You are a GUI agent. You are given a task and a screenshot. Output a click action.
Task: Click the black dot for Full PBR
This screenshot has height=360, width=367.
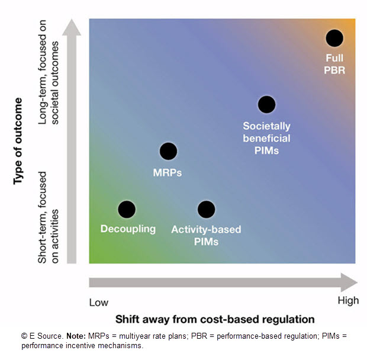pyautogui.click(x=334, y=38)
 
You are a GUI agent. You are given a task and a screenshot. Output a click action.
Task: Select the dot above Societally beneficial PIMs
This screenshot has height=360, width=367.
pyautogui.click(x=267, y=104)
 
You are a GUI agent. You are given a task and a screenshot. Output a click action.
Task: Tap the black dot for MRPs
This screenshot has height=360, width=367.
pyautogui.click(x=169, y=151)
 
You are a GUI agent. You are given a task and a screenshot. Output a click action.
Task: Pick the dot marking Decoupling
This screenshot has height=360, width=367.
pyautogui.click(x=127, y=209)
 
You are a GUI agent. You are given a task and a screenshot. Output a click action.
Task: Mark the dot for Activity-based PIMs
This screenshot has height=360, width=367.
pyautogui.click(x=206, y=209)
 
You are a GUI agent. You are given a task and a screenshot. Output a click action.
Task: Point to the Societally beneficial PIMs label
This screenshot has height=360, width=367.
pyautogui.click(x=267, y=138)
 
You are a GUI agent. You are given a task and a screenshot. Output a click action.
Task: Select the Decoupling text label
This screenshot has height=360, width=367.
pyautogui.click(x=128, y=229)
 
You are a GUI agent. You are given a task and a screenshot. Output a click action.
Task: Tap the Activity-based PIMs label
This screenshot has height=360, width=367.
pyautogui.click(x=206, y=235)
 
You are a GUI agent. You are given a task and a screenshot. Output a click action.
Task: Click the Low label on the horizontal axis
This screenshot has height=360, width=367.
pyautogui.click(x=99, y=302)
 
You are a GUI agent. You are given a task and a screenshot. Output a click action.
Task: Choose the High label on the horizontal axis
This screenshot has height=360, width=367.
pyautogui.click(x=348, y=301)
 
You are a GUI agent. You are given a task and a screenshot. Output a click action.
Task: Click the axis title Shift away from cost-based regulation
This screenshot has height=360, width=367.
pyautogui.click(x=215, y=319)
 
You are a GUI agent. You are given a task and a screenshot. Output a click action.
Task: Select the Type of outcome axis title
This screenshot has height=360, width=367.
pyautogui.click(x=18, y=142)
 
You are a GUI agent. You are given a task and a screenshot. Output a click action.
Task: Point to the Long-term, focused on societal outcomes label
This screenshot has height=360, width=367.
pyautogui.click(x=49, y=83)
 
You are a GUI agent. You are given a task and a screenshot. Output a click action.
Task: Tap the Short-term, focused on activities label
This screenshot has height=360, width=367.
pyautogui.click(x=49, y=210)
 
